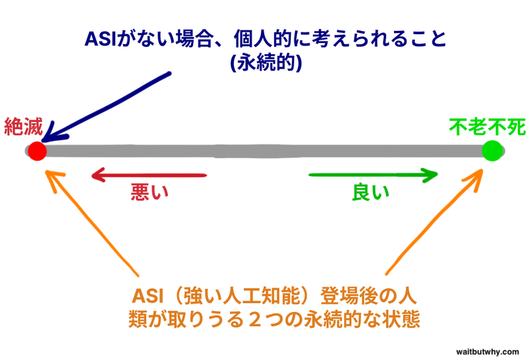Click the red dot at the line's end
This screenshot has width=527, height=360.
click(x=37, y=151)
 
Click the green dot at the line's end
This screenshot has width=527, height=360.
click(x=492, y=151)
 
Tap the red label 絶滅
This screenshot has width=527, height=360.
click(x=24, y=127)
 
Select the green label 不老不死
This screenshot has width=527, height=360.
click(x=487, y=127)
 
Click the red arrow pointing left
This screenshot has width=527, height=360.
click(x=149, y=175)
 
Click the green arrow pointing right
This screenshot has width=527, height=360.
click(x=373, y=175)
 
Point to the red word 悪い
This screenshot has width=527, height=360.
click(x=150, y=192)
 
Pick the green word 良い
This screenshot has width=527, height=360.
click(x=370, y=192)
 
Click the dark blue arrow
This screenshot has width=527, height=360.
click(x=106, y=107)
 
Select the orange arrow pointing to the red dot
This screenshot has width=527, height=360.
click(x=92, y=223)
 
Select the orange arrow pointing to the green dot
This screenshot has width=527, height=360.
click(x=434, y=222)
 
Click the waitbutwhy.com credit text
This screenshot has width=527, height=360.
click(x=487, y=352)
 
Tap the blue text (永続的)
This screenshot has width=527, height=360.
click(x=266, y=62)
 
